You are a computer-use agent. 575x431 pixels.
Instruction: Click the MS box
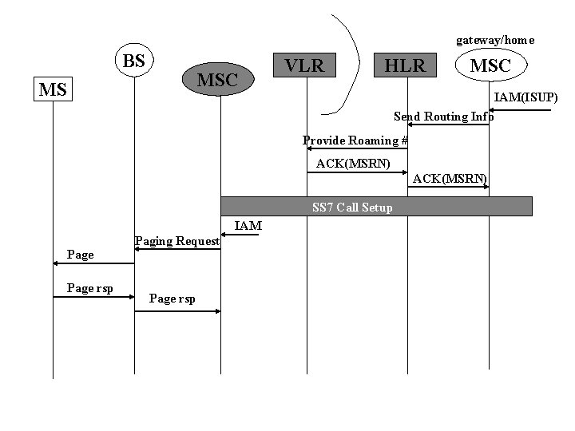[53, 89]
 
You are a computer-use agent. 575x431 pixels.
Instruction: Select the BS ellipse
[134, 61]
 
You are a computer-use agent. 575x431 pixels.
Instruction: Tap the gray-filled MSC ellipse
[217, 80]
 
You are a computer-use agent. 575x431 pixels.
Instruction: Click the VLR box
[304, 65]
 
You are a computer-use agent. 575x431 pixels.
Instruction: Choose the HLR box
[406, 65]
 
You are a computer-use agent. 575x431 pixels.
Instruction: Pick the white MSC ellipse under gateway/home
[490, 65]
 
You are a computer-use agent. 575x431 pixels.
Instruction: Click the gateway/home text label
[495, 40]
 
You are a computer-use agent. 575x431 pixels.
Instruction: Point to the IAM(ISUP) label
[525, 97]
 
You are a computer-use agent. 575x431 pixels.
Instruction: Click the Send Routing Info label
[443, 117]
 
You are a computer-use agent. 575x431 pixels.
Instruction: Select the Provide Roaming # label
[355, 140]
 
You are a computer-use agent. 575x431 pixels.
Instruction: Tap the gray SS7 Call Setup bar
[376, 207]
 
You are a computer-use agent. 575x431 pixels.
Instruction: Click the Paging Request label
[176, 240]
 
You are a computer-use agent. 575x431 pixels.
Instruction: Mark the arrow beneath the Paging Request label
[177, 249]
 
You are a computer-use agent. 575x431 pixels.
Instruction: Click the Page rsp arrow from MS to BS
[93, 296]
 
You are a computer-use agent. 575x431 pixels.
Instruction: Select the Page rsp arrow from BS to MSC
[177, 310]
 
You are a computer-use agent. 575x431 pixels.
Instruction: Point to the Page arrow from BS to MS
[93, 263]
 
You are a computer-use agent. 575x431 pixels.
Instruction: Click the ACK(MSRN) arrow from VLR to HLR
[357, 172]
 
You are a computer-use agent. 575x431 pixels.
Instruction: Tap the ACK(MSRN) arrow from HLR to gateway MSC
[448, 187]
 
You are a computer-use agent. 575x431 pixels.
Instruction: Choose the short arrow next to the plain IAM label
[240, 235]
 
